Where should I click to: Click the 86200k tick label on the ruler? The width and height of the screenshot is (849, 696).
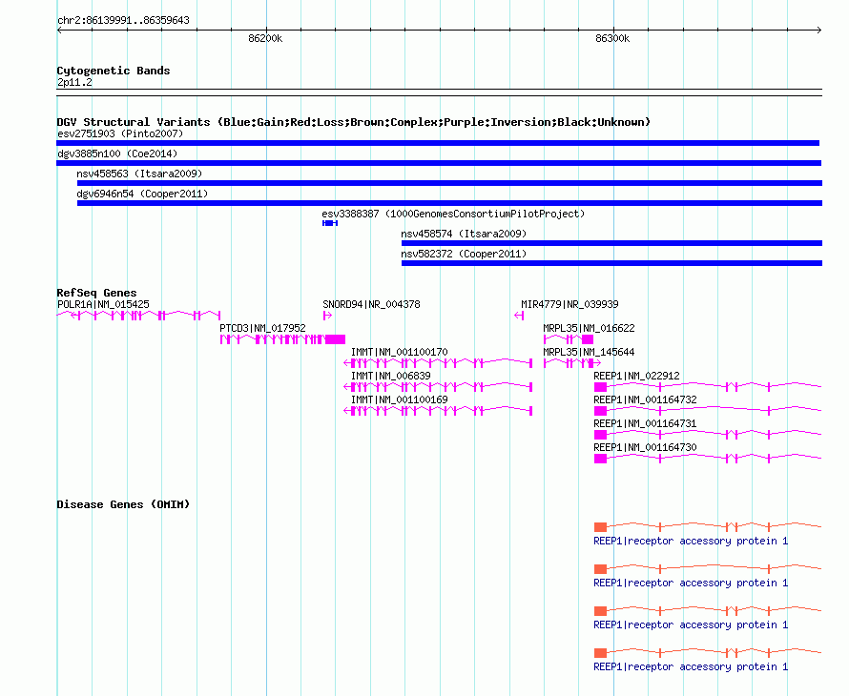(x=265, y=38)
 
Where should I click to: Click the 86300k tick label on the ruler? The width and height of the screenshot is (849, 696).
(x=612, y=38)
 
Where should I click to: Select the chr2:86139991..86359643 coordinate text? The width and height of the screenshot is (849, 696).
(x=123, y=20)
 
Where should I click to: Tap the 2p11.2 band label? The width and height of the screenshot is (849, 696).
(x=74, y=82)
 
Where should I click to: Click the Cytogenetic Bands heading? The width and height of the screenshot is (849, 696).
(x=114, y=71)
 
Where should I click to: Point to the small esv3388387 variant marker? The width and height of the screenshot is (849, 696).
(x=330, y=223)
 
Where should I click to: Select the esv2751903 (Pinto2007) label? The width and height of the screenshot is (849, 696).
(x=120, y=133)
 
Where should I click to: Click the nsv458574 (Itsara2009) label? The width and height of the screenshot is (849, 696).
(x=464, y=234)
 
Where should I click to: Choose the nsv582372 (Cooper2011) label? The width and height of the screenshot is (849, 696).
(x=464, y=254)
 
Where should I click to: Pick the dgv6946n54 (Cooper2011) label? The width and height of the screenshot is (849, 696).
(x=142, y=194)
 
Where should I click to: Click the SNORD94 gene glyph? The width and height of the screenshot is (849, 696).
(x=327, y=316)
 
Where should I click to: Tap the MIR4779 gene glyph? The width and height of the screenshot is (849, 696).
(x=519, y=316)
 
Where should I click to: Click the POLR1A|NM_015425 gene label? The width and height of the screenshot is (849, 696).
(x=103, y=305)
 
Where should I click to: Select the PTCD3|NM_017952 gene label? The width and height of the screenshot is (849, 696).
(x=262, y=329)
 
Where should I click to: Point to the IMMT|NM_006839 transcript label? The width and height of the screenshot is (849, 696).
(x=391, y=377)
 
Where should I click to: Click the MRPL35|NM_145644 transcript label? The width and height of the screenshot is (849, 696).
(x=589, y=353)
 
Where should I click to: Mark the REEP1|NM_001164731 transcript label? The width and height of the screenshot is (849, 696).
(x=645, y=423)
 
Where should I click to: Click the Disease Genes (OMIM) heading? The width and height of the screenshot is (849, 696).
(x=123, y=504)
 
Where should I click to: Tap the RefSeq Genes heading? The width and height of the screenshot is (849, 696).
(x=97, y=293)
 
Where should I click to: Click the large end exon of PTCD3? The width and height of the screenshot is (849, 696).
(x=335, y=339)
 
